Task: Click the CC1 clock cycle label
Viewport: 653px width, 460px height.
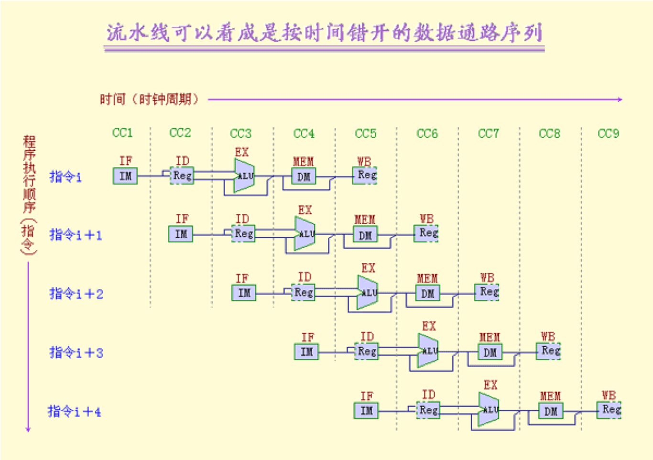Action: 122,132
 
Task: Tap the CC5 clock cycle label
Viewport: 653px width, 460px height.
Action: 365,133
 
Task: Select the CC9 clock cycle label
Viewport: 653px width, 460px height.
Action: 608,133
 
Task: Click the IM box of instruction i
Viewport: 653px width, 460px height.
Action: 125,176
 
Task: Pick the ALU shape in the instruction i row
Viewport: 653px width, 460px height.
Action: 244,176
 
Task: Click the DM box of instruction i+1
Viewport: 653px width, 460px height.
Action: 365,235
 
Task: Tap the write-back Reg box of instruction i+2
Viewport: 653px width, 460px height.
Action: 487,292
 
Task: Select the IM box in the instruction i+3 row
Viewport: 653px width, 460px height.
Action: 306,352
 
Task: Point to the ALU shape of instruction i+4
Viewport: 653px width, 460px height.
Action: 489,410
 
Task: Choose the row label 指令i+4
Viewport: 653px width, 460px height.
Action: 75,411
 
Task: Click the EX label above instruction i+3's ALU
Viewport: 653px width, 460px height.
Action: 429,326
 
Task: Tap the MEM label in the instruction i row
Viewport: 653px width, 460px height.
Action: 303,162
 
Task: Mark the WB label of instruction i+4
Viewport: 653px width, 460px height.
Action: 609,395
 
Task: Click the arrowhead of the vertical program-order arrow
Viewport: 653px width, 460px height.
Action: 28,429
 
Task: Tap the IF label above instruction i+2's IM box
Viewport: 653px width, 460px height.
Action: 242,278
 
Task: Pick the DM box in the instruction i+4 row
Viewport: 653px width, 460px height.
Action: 551,411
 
